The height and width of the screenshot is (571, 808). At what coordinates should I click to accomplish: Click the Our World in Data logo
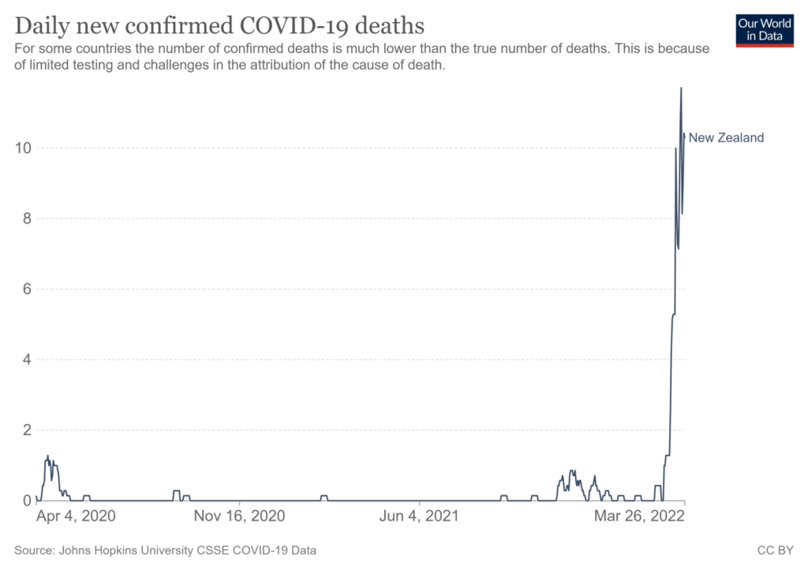pos(765,31)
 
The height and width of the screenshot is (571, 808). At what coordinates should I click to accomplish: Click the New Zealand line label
pos(726,137)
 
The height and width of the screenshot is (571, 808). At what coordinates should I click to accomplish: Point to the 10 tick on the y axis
pos(23,148)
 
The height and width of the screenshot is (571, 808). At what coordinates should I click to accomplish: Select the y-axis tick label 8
pos(27,219)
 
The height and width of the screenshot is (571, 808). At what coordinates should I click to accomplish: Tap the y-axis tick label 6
pos(27,289)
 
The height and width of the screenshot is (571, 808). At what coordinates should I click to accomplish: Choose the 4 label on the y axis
pos(27,359)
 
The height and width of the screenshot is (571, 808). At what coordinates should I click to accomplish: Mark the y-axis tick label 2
pos(27,430)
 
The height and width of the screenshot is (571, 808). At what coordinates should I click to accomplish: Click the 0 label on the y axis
pos(27,501)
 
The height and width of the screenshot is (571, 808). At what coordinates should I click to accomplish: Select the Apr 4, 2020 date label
pos(76,516)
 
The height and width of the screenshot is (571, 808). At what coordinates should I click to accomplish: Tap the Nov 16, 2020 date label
pos(239,516)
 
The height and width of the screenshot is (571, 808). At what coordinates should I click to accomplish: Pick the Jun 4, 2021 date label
pos(419,516)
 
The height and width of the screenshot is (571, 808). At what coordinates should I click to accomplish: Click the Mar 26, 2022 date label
pos(639,516)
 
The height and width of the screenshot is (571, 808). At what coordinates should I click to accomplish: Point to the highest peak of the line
pos(681,88)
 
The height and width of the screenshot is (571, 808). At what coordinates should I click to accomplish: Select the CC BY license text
pos(775,550)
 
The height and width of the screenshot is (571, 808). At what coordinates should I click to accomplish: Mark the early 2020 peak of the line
pos(48,456)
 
